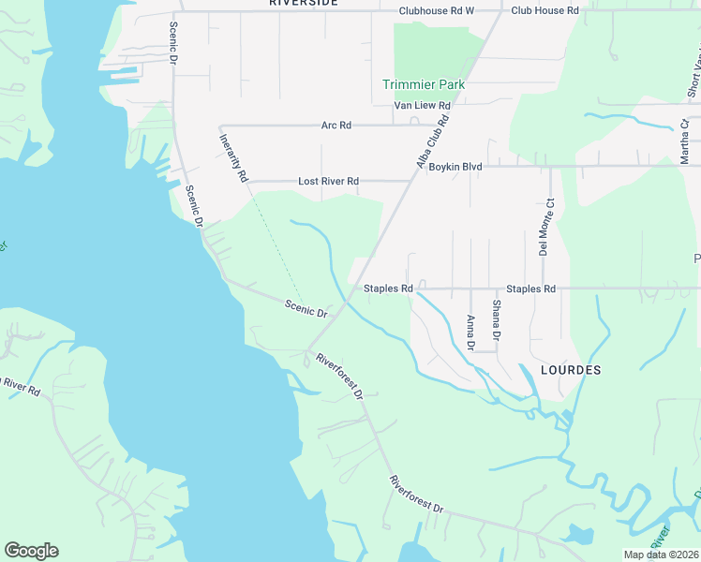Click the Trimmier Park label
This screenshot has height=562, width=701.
(424, 84)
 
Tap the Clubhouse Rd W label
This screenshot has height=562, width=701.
(437, 11)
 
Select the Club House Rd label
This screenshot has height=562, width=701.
(544, 11)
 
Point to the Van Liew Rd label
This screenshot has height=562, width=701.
(417, 106)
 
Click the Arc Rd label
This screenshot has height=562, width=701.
(336, 126)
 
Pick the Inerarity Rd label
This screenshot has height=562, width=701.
(233, 156)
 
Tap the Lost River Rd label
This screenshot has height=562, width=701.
(328, 181)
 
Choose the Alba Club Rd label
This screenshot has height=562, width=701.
(433, 141)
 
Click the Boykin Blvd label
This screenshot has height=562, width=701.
(455, 167)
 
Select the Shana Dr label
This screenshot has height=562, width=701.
(497, 318)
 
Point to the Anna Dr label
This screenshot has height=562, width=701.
(470, 333)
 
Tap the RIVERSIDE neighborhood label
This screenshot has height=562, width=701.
(303, 3)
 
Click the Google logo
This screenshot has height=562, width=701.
(31, 551)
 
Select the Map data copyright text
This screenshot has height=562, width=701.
(662, 555)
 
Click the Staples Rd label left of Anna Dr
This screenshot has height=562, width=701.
(388, 288)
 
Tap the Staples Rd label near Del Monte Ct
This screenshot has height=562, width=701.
(530, 288)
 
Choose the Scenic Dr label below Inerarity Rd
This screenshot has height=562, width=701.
(306, 307)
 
